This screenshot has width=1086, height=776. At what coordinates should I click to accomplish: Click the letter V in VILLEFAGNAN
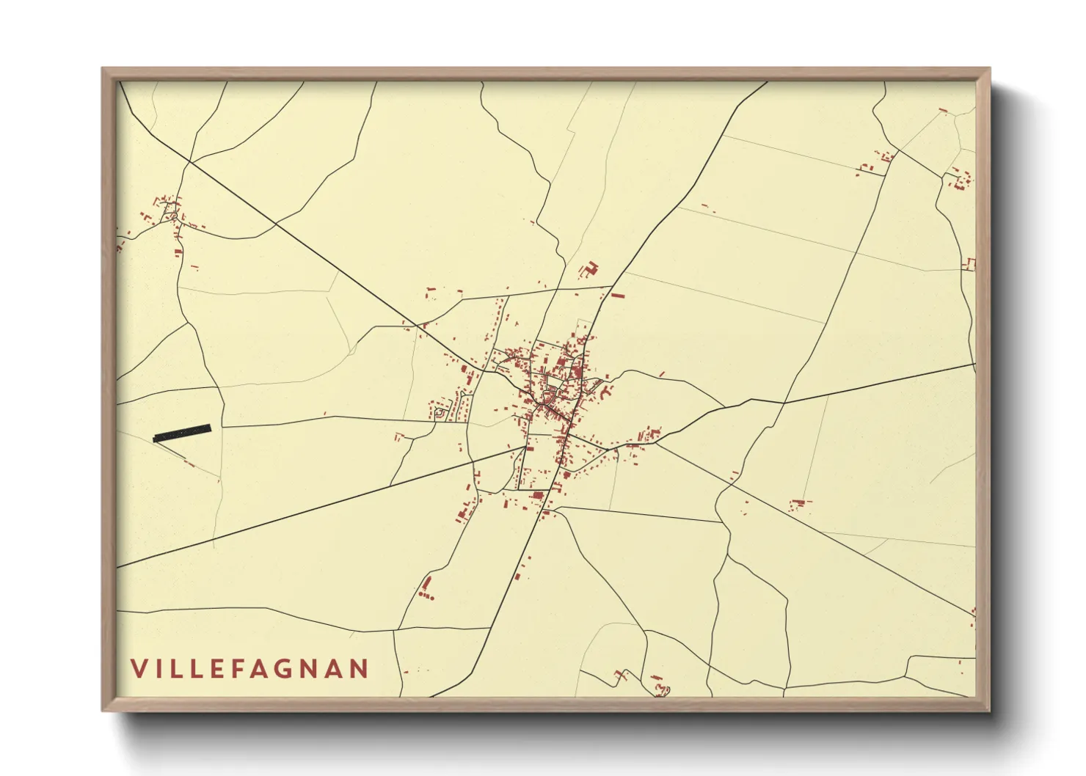click(139, 668)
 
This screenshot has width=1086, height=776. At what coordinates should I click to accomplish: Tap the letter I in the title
click(160, 668)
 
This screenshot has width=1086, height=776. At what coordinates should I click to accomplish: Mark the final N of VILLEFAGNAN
click(359, 668)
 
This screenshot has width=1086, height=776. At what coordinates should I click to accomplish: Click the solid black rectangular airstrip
click(182, 433)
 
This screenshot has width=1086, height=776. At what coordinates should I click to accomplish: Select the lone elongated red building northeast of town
click(618, 296)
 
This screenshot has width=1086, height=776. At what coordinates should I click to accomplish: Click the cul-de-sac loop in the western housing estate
click(440, 414)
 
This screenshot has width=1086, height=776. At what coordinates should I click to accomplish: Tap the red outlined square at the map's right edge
click(970, 264)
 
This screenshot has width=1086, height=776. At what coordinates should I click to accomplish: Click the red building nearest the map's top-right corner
click(943, 111)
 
